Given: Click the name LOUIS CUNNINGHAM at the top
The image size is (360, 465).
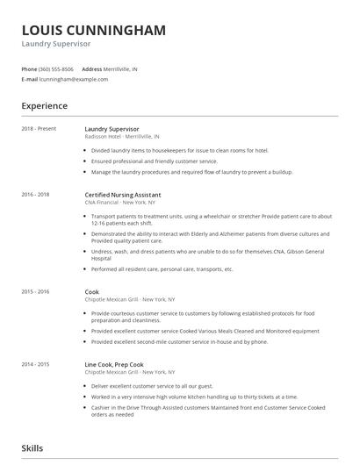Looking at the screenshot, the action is pyautogui.click(x=94, y=31).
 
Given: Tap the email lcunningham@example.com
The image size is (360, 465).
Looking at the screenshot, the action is pyautogui.click(x=74, y=79).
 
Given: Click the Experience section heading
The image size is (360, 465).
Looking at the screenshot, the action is pyautogui.click(x=44, y=106).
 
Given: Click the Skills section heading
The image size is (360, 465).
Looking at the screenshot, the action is pyautogui.click(x=32, y=448).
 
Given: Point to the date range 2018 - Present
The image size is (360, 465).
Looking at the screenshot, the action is pyautogui.click(x=39, y=129).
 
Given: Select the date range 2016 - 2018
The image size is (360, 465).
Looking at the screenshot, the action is pyautogui.click(x=35, y=194).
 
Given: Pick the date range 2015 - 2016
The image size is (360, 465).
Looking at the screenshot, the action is pyautogui.click(x=35, y=291).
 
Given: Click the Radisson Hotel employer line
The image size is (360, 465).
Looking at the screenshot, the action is pyautogui.click(x=122, y=137).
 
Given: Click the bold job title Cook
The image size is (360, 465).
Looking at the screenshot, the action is pyautogui.click(x=92, y=291).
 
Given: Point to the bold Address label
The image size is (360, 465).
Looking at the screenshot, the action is pyautogui.click(x=91, y=68).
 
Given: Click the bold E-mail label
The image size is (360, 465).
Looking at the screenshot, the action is pyautogui.click(x=29, y=79).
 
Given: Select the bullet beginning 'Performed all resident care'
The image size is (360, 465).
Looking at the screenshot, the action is pyautogui.click(x=162, y=268).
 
